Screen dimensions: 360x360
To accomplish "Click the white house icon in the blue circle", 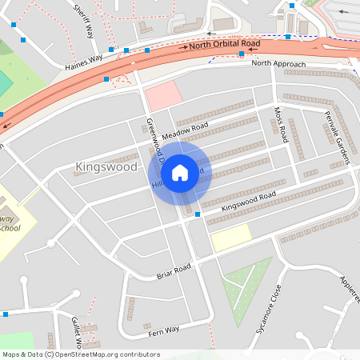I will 180,172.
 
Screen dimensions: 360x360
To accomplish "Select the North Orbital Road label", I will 225,45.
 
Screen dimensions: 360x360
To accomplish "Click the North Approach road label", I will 278,64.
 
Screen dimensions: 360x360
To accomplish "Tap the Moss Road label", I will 281,124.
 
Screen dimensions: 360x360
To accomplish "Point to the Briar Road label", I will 174,270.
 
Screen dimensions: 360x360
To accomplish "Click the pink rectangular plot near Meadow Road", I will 163,95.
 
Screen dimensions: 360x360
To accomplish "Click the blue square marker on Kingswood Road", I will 198,216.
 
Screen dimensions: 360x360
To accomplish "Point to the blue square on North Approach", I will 242,54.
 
